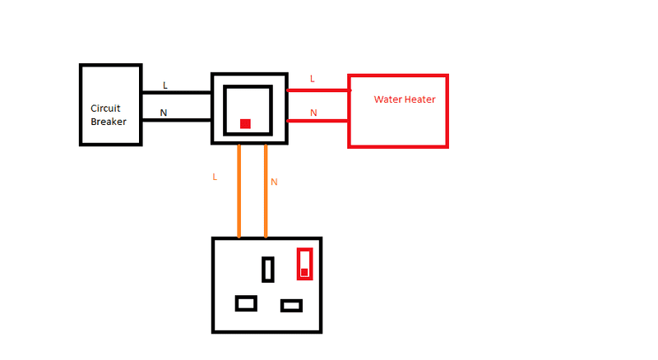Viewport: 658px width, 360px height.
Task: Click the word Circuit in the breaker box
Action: pyautogui.click(x=105, y=108)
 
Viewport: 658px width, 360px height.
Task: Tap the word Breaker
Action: pyautogui.click(x=109, y=122)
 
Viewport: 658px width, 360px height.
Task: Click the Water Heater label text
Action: pyautogui.click(x=405, y=99)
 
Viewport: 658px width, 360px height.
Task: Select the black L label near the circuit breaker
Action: pyautogui.click(x=165, y=85)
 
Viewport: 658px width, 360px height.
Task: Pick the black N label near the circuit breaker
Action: pyautogui.click(x=163, y=113)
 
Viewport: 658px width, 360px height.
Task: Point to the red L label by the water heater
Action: pyautogui.click(x=312, y=79)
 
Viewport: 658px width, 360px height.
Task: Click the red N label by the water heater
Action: pyautogui.click(x=313, y=113)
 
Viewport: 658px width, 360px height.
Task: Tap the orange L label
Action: pyautogui.click(x=215, y=177)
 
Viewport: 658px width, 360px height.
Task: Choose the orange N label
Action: pyautogui.click(x=274, y=182)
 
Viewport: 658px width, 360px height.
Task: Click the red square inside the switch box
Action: pyautogui.click(x=245, y=124)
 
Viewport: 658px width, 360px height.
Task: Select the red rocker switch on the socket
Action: pyautogui.click(x=304, y=264)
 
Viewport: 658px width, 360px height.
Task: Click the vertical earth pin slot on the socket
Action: pyautogui.click(x=268, y=270)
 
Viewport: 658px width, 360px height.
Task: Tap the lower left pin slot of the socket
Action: pyautogui.click(x=246, y=303)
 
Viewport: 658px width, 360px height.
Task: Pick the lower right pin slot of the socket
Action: pyautogui.click(x=291, y=306)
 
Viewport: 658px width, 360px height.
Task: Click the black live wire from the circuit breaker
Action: pyautogui.click(x=177, y=92)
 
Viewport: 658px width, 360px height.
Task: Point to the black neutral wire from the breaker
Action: pyautogui.click(x=177, y=120)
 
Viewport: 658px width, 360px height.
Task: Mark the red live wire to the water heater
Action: pyautogui.click(x=318, y=90)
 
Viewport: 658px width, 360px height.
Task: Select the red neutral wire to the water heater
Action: pyautogui.click(x=317, y=121)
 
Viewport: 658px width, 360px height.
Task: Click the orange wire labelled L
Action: pyautogui.click(x=239, y=191)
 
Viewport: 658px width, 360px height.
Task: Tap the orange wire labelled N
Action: pyautogui.click(x=266, y=191)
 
